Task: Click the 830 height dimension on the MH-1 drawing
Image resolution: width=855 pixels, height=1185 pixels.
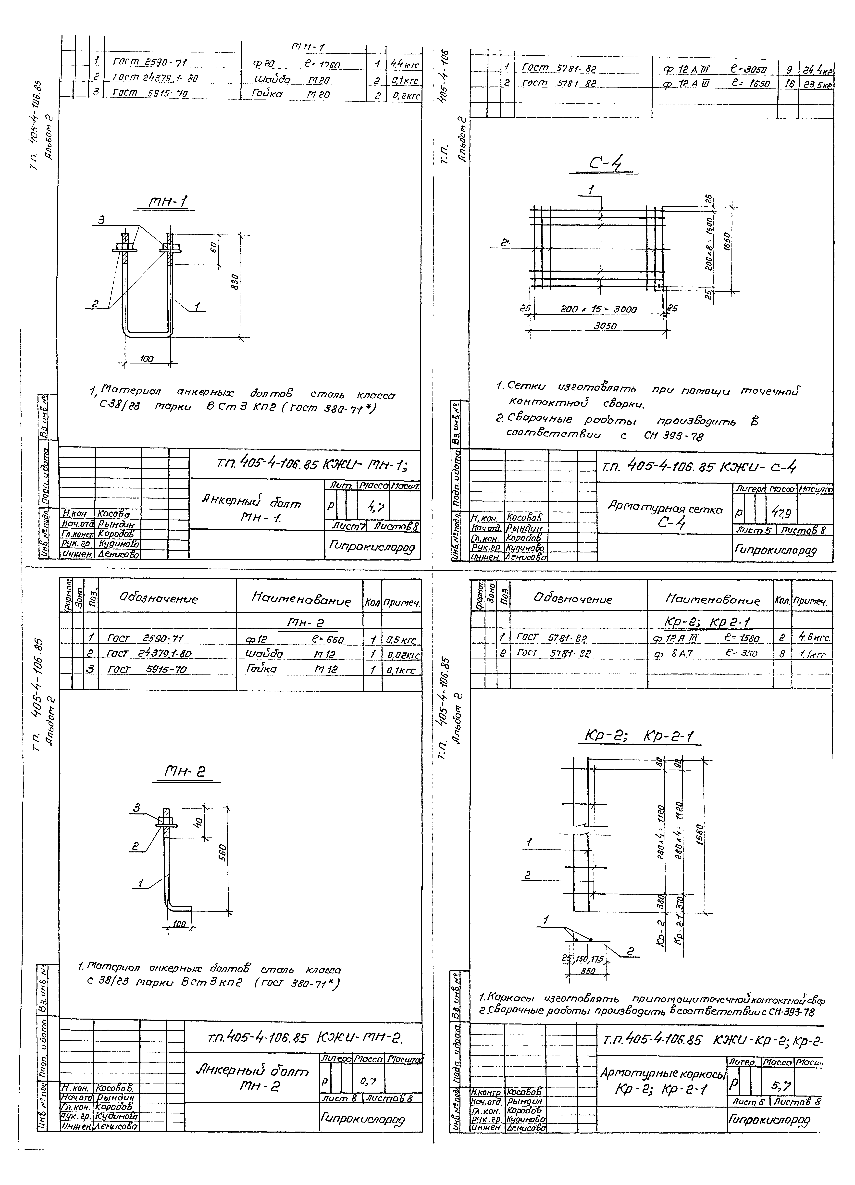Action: click(236, 285)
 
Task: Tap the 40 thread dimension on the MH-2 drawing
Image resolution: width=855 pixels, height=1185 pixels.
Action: click(198, 822)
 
